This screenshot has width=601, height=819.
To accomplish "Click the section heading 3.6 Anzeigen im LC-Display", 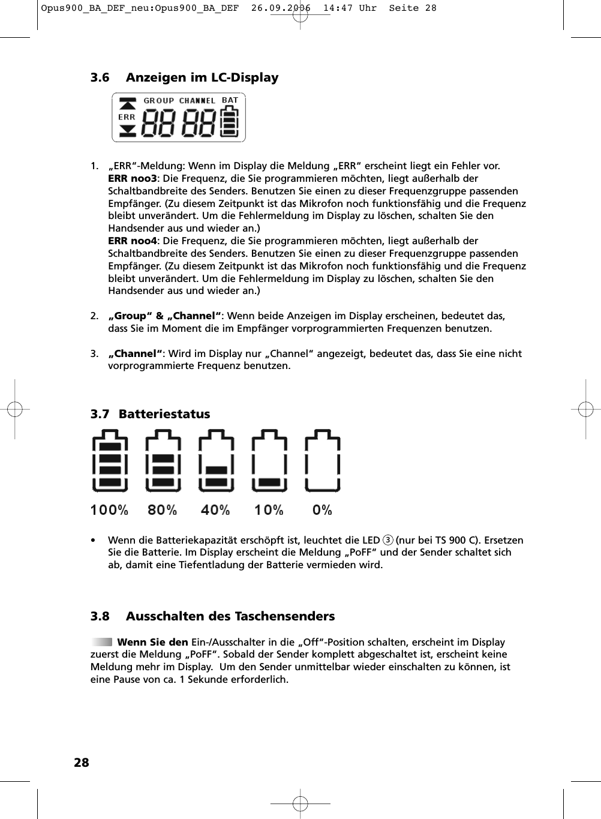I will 184,77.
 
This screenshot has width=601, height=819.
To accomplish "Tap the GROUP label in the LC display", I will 158,101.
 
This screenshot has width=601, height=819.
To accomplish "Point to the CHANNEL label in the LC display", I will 197,101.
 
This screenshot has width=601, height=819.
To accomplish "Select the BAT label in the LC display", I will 230,100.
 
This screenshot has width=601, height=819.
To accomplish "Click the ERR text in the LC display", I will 127,117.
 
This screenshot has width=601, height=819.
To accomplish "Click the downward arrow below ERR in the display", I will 127,130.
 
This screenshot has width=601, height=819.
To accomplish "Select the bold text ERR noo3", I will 132,178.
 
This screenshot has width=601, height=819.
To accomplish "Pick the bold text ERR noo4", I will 132,241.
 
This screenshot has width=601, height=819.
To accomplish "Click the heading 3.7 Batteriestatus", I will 150,414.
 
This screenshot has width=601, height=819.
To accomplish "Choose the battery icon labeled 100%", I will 110,461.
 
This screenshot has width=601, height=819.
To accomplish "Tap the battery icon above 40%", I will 217,461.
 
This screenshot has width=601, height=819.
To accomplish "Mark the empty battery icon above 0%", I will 323,461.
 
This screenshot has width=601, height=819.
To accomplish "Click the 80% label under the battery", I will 163,510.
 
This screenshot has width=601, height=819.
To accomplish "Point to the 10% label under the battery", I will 269,510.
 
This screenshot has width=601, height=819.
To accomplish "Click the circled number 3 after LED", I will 388,540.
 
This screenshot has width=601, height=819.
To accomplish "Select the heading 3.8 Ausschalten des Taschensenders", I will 212,616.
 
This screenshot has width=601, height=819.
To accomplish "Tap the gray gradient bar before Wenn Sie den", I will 102,642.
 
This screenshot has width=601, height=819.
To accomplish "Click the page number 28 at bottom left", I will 81,763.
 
